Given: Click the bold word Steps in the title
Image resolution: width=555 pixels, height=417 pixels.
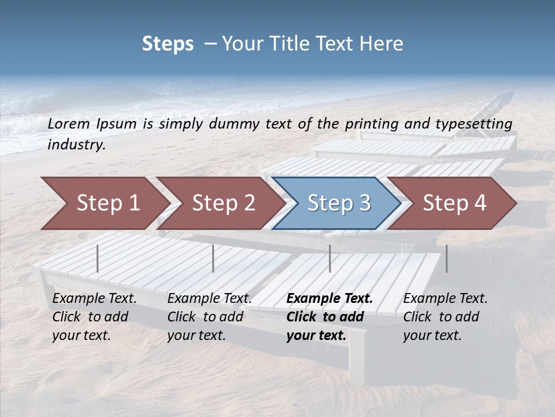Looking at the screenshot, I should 168,44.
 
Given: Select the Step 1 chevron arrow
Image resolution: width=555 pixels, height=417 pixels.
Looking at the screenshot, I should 104,203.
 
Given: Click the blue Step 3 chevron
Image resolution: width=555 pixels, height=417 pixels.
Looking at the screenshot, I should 338,203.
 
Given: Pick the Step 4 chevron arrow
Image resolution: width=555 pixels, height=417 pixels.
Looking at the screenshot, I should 454,203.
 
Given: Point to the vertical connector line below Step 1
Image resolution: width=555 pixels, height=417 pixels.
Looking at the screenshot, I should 98,258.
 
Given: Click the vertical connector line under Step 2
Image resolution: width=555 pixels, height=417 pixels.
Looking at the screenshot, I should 213,258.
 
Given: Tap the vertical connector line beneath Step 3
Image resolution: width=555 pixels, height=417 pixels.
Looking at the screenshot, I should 330,258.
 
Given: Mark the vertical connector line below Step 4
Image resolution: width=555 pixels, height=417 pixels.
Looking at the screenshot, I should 446,258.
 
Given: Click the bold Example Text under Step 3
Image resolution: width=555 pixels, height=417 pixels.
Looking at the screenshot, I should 330,299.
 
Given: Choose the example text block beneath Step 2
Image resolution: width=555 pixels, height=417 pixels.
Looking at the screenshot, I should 209,317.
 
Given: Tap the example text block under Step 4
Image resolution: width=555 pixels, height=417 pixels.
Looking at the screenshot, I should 445,317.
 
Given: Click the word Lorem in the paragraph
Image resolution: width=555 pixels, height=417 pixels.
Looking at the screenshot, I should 69,123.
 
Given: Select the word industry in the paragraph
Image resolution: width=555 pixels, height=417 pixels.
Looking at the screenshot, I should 76,144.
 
